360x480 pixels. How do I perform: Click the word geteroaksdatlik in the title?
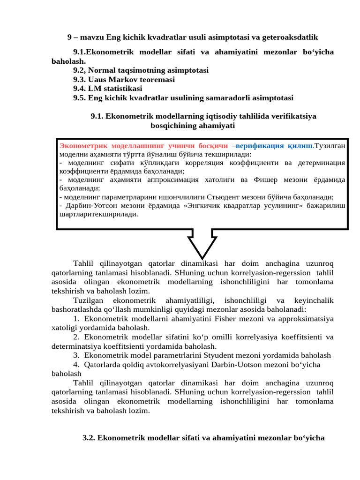[292, 37]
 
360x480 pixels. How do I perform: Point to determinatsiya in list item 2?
[73, 346]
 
